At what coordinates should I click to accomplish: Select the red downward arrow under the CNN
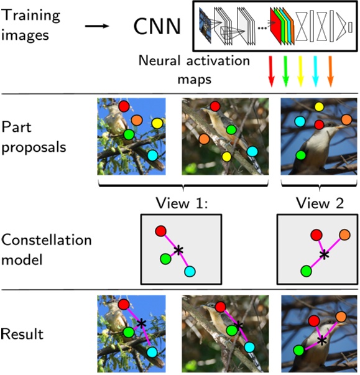point(271,70)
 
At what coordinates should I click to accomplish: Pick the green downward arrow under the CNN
point(286,70)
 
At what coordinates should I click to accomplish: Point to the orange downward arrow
point(331,70)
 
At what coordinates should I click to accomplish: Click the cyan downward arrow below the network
point(316,70)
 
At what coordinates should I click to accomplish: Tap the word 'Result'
point(22,335)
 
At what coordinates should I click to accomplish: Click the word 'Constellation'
point(46,240)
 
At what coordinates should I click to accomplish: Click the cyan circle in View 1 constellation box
point(190,271)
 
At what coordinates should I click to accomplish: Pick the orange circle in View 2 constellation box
point(344,234)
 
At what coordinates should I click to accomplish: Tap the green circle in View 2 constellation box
point(306,271)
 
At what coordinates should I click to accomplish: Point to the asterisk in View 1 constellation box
point(179,250)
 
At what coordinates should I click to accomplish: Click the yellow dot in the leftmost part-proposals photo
point(157,123)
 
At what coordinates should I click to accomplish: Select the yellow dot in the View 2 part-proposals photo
point(319,107)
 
